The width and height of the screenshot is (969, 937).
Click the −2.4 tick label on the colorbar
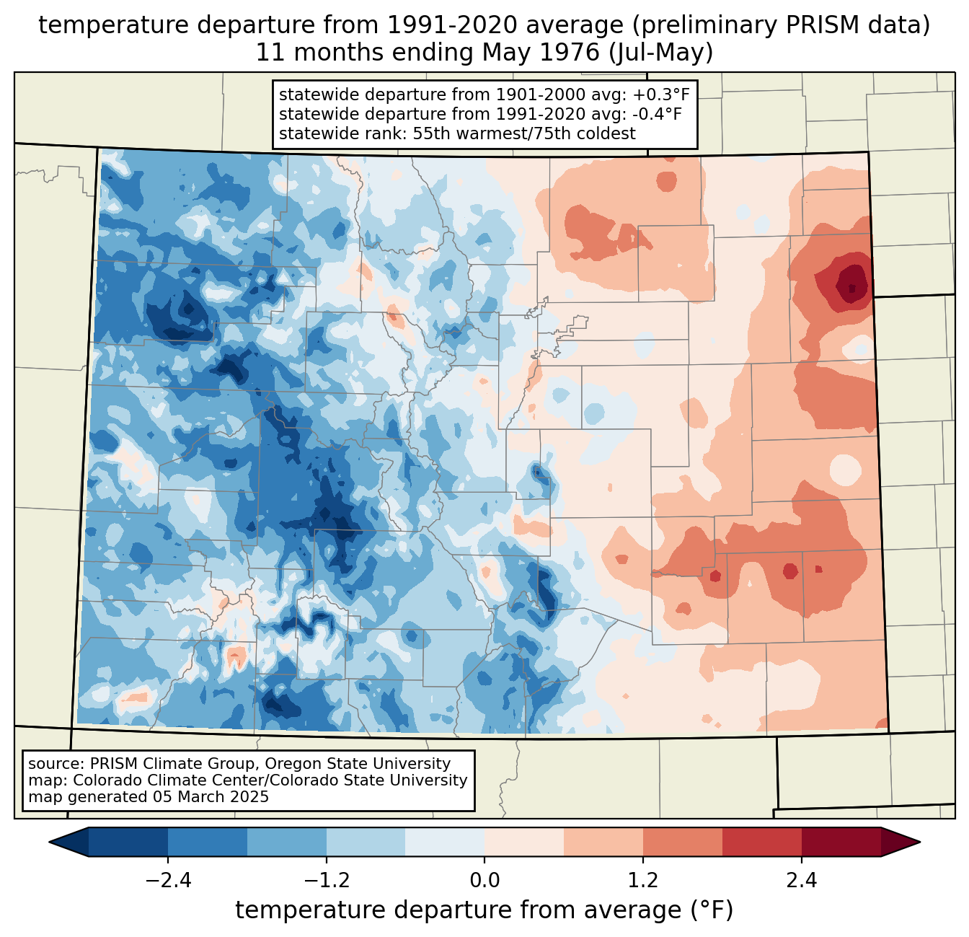point(168,881)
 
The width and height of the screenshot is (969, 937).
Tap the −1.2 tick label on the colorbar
point(326,881)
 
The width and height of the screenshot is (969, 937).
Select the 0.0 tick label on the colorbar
point(485,881)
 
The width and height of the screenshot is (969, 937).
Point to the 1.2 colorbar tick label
point(643,881)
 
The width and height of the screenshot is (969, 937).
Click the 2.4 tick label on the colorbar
point(801,881)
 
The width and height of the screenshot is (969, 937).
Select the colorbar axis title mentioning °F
point(485,910)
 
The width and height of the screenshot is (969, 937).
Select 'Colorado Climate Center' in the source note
point(154,780)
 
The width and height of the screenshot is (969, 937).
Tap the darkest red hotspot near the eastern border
point(852,287)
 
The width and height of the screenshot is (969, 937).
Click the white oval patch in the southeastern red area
point(845,470)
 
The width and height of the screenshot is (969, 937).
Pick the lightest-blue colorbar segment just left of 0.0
point(445,842)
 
